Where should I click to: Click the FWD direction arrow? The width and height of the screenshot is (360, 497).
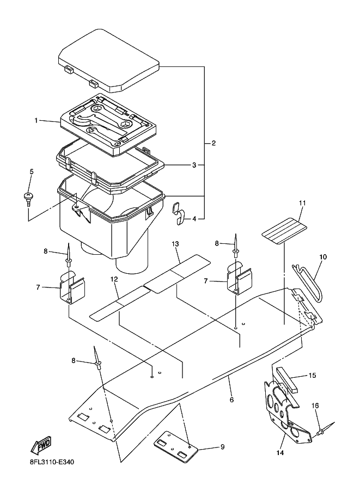pyautogui.click(x=41, y=445)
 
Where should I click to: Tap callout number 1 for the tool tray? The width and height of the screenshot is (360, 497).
pyautogui.click(x=36, y=120)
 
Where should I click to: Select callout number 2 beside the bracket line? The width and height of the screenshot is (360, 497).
pyautogui.click(x=214, y=143)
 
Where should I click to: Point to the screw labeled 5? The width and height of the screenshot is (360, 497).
pyautogui.click(x=28, y=199)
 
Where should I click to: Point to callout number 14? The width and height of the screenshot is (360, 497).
pyautogui.click(x=280, y=453)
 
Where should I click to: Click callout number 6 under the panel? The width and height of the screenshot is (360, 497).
pyautogui.click(x=231, y=400)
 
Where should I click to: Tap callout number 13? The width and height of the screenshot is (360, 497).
pyautogui.click(x=175, y=244)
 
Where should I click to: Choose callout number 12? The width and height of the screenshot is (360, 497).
pyautogui.click(x=114, y=279)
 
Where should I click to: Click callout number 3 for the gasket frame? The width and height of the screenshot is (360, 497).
pyautogui.click(x=194, y=165)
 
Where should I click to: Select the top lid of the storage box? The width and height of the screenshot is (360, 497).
pyautogui.click(x=108, y=60)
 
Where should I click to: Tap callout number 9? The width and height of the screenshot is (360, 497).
pyautogui.click(x=222, y=447)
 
